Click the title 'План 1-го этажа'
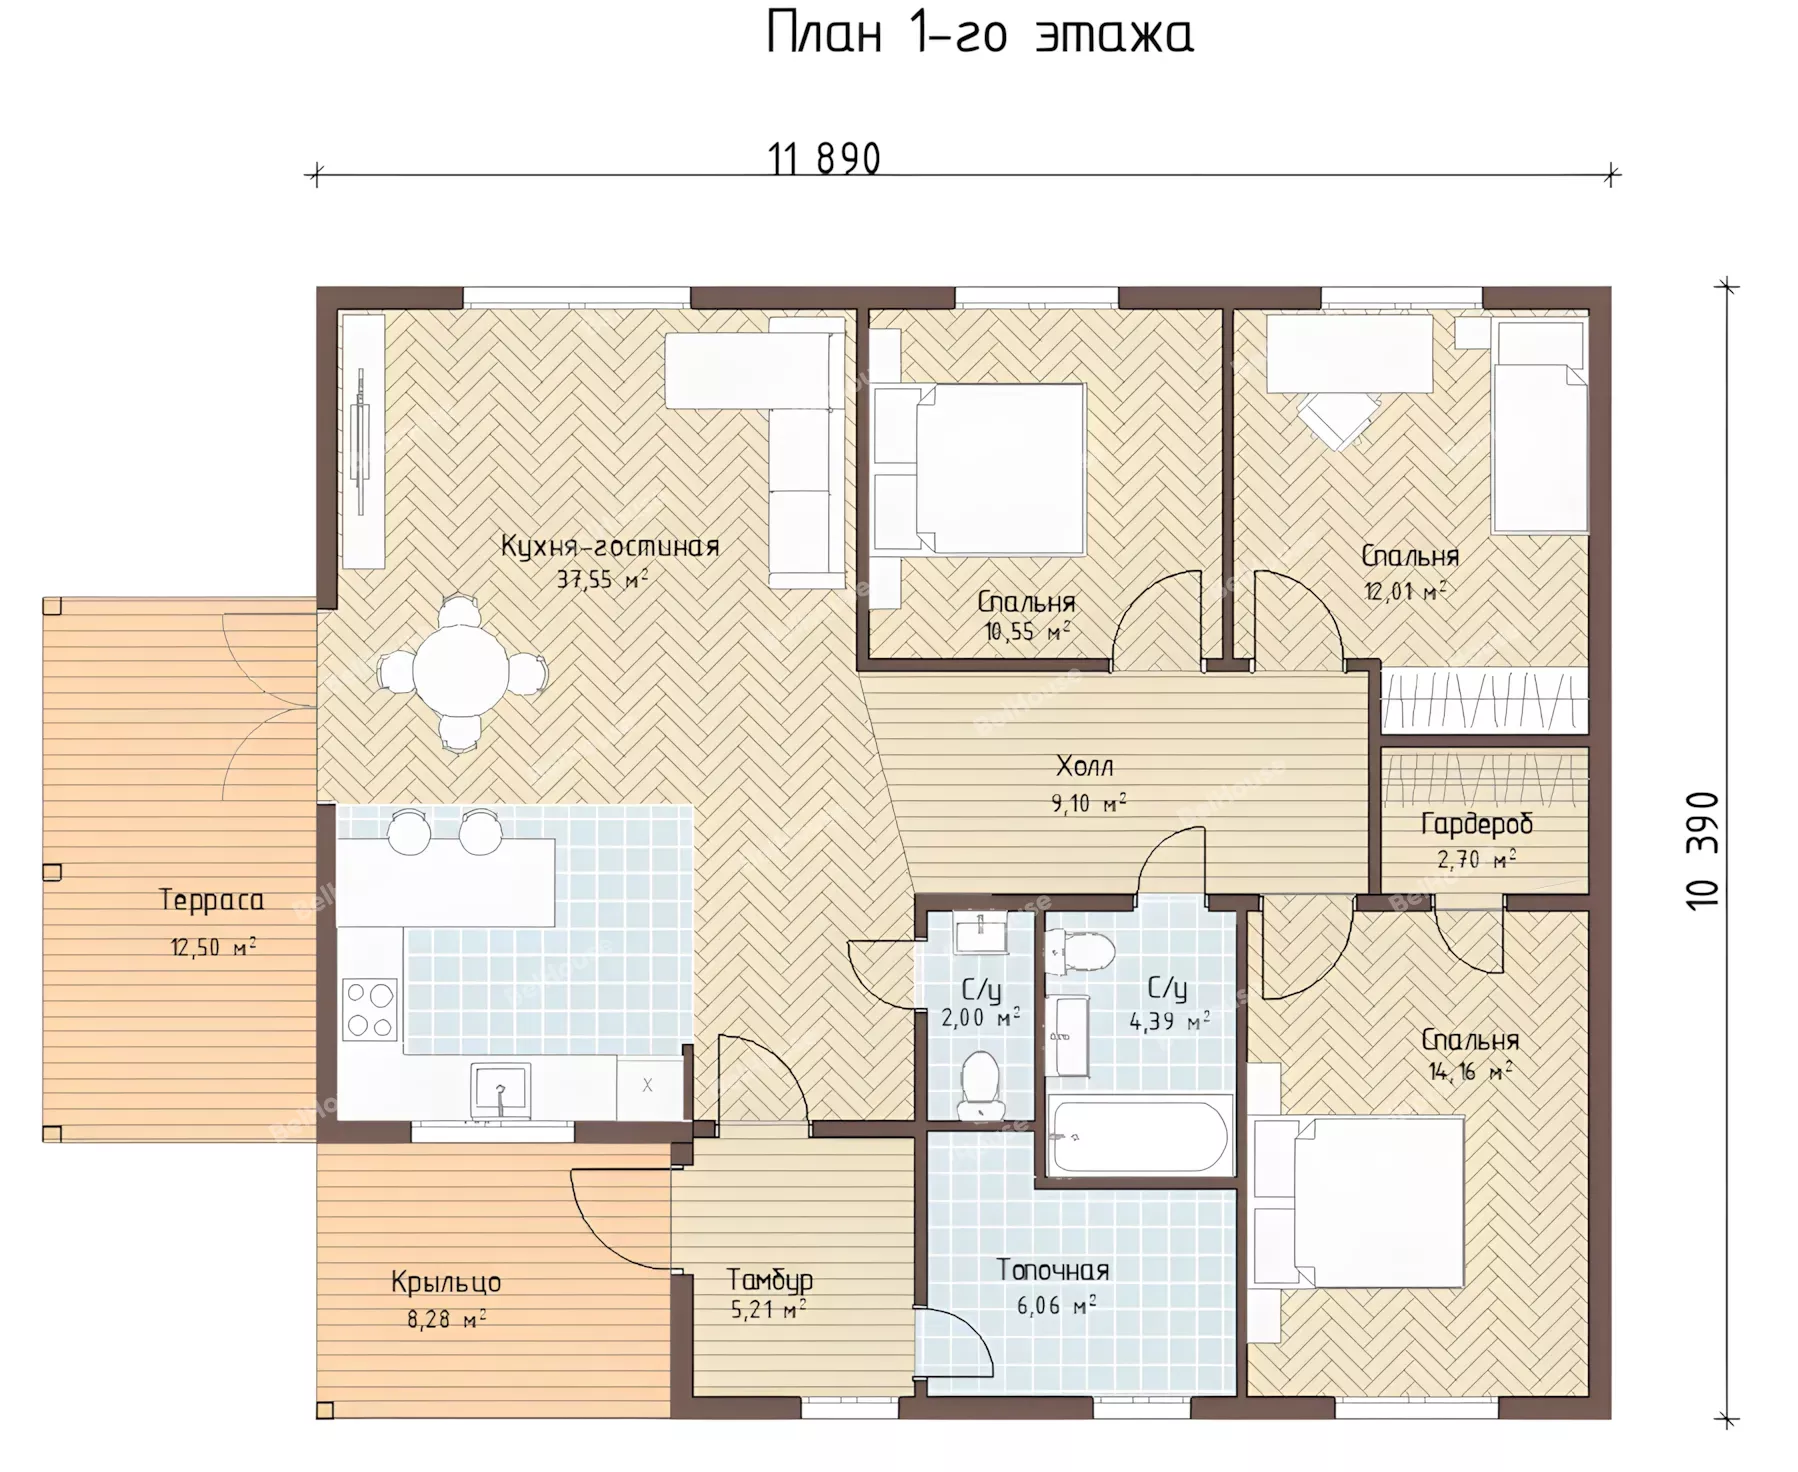pos(979,34)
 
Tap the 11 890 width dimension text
pos(824,159)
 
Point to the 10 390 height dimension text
pos(1702,849)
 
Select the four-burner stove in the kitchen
pos(370,1008)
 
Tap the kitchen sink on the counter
pos(500,1090)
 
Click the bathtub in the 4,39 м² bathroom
pos(1138,1134)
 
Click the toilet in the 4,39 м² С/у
pos(1080,951)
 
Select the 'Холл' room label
pos(1084,767)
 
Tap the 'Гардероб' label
pos(1476,824)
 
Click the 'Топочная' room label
pos(1053,1270)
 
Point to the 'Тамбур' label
pos(769,1280)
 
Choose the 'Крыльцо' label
pos(446,1282)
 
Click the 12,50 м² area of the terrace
pos(213,946)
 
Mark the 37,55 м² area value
pos(602,580)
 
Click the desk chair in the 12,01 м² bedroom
pos(1336,419)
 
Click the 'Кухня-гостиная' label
pos(610,546)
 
